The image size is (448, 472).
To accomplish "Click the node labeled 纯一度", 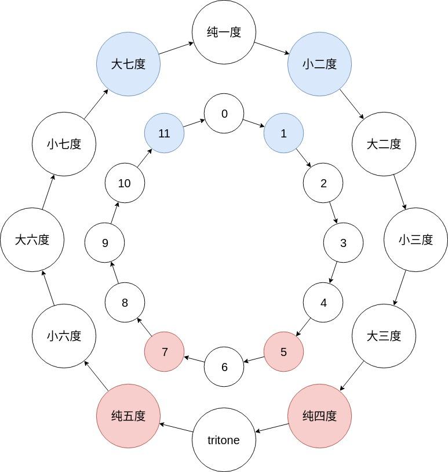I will click(224, 32).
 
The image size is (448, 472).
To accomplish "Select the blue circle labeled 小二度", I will click(319, 64).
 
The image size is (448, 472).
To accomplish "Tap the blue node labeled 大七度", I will click(128, 64).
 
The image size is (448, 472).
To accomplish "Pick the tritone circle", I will click(224, 440).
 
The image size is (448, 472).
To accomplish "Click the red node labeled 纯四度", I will click(319, 416).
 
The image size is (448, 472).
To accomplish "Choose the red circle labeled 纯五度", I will click(128, 416).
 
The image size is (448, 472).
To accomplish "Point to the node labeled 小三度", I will click(416, 239).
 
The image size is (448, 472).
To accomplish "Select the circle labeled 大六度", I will click(32, 239).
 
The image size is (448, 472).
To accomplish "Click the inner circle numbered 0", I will click(224, 114).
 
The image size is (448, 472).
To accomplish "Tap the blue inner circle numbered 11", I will click(165, 133).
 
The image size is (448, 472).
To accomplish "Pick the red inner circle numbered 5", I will click(283, 351).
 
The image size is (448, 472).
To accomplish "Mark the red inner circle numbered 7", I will click(165, 351).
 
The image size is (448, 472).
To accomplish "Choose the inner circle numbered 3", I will click(343, 242).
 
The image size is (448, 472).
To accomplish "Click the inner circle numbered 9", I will click(104, 242).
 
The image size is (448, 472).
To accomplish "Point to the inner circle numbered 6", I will click(224, 367).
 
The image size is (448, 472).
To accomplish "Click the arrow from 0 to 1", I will click(254, 124).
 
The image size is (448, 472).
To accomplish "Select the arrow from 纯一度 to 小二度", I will click(272, 48).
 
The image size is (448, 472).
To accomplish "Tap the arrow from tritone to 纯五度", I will click(176, 428).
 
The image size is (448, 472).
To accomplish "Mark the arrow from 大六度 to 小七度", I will click(48, 192).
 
